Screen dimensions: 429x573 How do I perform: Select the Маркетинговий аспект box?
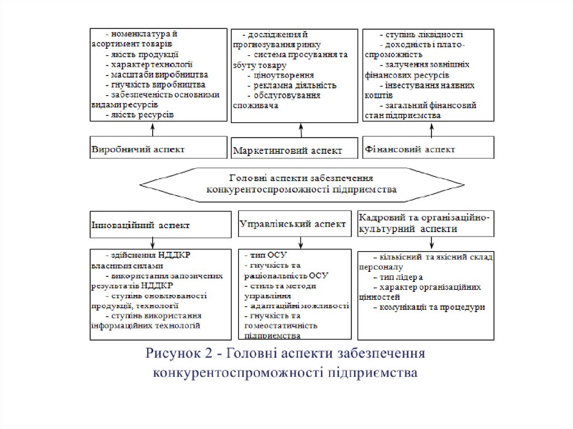(294, 148)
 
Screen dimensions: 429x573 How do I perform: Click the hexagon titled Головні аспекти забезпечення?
(302, 183)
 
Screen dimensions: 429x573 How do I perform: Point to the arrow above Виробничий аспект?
(153, 128)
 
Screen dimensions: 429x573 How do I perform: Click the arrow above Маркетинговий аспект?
(301, 130)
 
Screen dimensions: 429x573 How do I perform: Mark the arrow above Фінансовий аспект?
(431, 128)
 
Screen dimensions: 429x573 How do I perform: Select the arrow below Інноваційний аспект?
(153, 242)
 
